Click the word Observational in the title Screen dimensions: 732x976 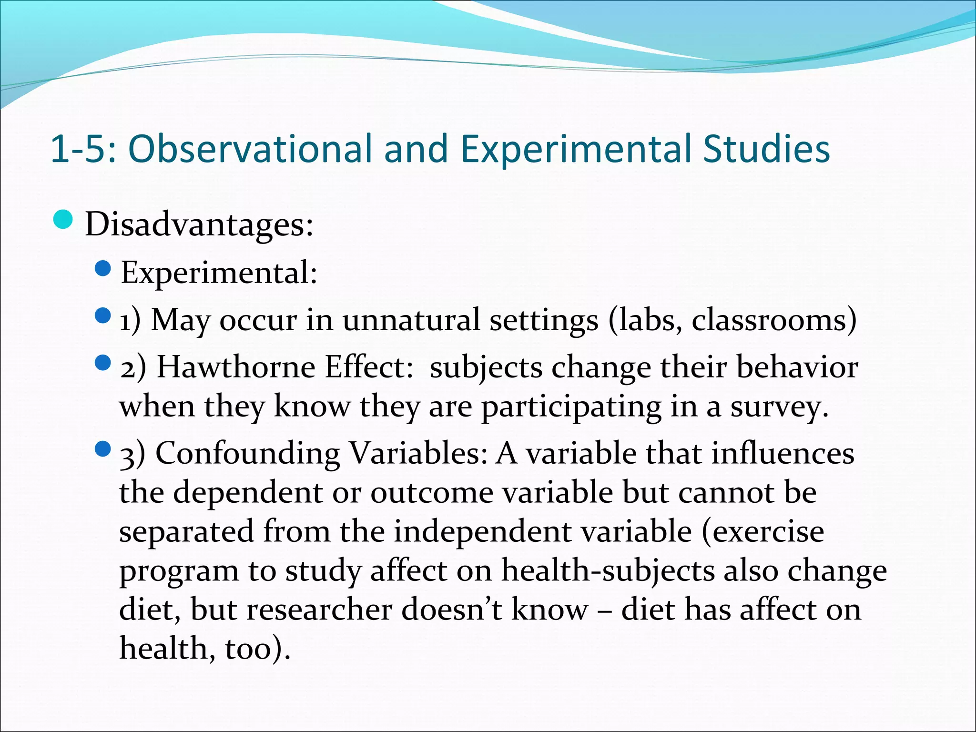[x=251, y=149]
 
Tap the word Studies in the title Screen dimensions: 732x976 [x=766, y=149]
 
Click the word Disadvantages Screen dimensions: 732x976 [x=199, y=224]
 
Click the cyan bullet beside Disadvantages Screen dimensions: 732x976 [x=63, y=220]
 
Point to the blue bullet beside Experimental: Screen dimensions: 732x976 [x=103, y=269]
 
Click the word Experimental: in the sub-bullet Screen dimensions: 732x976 [x=219, y=273]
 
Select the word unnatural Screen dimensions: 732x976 [x=411, y=320]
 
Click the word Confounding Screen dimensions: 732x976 [x=247, y=453]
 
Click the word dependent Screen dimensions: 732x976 [x=248, y=492]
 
